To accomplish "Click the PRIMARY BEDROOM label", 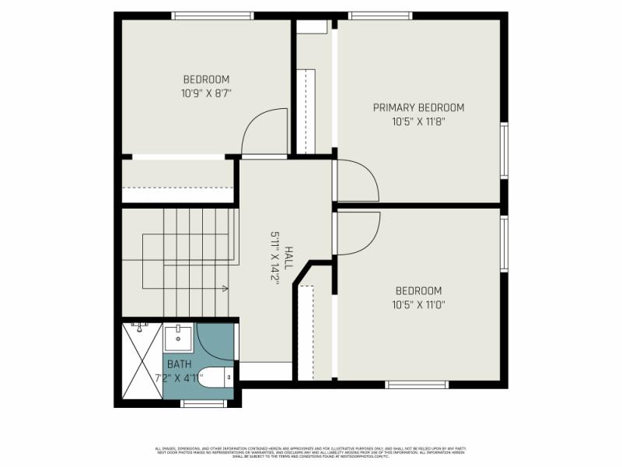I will pos(418,107).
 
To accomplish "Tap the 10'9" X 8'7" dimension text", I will pos(206,93).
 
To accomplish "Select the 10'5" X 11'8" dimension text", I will pos(418,121).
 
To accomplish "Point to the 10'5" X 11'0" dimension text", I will pos(418,305).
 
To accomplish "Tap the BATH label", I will pos(179,364).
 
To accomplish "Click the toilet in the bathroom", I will pos(215,377).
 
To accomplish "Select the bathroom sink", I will pos(178,339).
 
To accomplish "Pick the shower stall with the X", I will pos(142,363).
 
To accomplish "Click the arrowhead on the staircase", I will pos(225,289).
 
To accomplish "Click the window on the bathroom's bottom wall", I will pos(203,403).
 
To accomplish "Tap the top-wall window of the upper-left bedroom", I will pos(212,15).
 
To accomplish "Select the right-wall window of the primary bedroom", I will pos(504,150).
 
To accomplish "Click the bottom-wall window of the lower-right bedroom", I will pos(417,384).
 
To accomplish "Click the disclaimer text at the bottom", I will pos(311,451).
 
